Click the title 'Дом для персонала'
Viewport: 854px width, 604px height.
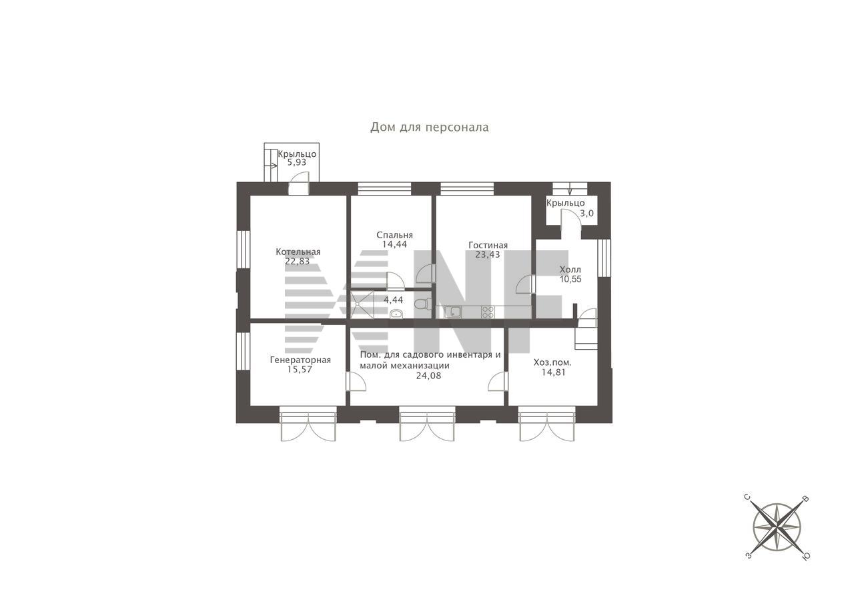click(429, 127)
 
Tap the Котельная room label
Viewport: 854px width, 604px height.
click(298, 252)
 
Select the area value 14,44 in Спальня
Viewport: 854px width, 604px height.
click(394, 244)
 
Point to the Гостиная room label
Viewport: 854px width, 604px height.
click(488, 245)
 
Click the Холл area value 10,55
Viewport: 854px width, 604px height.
click(570, 279)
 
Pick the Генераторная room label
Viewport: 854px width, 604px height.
click(300, 360)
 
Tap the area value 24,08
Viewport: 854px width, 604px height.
click(428, 376)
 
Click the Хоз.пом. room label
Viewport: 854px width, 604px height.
click(552, 362)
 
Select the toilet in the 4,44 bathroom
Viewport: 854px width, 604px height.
click(422, 304)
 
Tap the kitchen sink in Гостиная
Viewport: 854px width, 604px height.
click(452, 312)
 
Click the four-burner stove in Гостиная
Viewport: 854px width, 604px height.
click(488, 312)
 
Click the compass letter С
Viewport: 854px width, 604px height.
click(748, 497)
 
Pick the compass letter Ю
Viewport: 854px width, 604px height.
click(806, 557)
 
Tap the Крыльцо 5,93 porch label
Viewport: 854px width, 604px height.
click(297, 158)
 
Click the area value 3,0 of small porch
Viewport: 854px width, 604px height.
click(586, 214)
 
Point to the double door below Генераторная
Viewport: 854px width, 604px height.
click(308, 424)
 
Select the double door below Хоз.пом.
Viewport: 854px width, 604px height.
click(546, 424)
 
